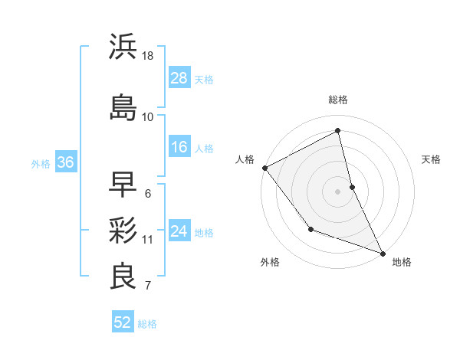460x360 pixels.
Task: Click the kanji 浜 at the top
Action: pos(123,47)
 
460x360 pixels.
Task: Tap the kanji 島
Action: pos(123,107)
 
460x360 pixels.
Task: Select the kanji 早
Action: pos(123,185)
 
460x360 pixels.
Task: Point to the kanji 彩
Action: pos(123,231)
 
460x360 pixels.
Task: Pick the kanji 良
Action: pos(123,277)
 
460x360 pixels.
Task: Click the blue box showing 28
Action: pos(179,78)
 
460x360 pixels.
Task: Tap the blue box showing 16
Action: pos(179,147)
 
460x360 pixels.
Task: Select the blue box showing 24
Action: pos(179,231)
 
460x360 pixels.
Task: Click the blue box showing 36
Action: pos(65,162)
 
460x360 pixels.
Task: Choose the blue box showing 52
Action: pos(123,322)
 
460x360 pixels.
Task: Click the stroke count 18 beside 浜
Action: pos(149,56)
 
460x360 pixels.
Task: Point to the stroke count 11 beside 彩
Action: pos(148,240)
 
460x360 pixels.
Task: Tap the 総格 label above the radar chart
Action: pos(338,100)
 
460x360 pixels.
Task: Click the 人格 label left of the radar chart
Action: pos(245,159)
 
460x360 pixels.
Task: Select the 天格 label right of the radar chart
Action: pos(431,159)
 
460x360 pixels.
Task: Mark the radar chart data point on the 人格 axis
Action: pos(264,168)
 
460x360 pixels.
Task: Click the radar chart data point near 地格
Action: pos(383,253)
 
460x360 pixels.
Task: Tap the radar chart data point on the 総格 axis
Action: pos(338,131)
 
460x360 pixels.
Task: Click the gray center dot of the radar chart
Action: pos(338,191)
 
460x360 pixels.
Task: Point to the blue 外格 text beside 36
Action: pos(41,163)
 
